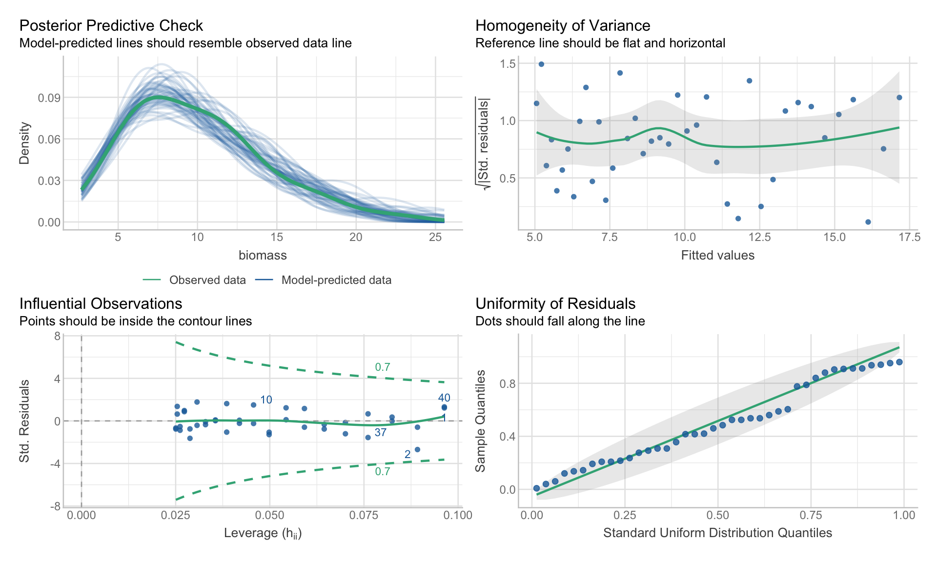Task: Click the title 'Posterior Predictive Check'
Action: point(111,25)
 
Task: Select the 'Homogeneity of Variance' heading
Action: point(563,25)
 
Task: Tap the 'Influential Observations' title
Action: point(101,303)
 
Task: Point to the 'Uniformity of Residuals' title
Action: point(555,303)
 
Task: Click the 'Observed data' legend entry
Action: point(207,280)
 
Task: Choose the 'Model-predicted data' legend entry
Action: point(336,280)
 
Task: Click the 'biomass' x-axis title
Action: point(263,255)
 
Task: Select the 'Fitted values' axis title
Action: point(717,255)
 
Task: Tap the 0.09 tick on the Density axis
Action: point(49,98)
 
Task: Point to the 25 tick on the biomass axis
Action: point(435,237)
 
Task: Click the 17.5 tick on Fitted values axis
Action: point(909,237)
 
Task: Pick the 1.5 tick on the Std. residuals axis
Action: point(508,63)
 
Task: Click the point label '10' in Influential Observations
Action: point(266,400)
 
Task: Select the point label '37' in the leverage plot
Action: point(381,432)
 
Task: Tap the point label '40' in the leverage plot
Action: point(444,398)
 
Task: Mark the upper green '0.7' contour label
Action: point(383,367)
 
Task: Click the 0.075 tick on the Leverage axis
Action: point(364,515)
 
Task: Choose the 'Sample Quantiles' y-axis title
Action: point(481,421)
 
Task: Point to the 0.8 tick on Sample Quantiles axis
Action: point(508,383)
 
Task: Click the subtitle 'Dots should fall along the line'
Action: point(560,321)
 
